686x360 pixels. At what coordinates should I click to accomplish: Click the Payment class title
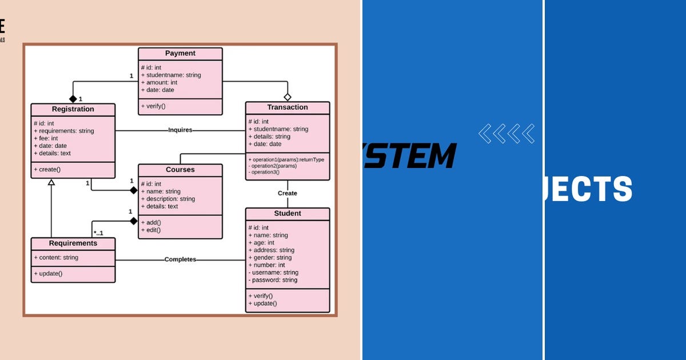(x=180, y=53)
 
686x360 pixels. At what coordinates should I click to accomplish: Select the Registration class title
(x=73, y=109)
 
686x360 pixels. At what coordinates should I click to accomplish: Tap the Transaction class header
(x=287, y=107)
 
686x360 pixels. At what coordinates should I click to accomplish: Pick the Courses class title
(x=180, y=170)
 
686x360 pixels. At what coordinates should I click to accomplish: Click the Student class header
(x=287, y=214)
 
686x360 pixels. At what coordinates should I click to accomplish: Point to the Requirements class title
(x=73, y=243)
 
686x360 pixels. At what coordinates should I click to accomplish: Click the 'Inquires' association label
(x=180, y=130)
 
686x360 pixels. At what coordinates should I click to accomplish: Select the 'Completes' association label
(x=180, y=259)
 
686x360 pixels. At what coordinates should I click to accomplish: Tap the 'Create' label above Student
(x=287, y=193)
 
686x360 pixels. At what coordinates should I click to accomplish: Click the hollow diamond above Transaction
(x=288, y=97)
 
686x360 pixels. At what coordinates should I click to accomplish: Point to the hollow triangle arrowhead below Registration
(x=51, y=182)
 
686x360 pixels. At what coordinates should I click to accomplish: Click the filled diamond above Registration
(x=73, y=99)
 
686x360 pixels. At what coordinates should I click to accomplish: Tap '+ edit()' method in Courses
(x=151, y=230)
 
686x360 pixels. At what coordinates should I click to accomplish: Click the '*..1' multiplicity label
(x=98, y=233)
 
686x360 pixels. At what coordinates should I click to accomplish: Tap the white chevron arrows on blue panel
(x=506, y=134)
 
